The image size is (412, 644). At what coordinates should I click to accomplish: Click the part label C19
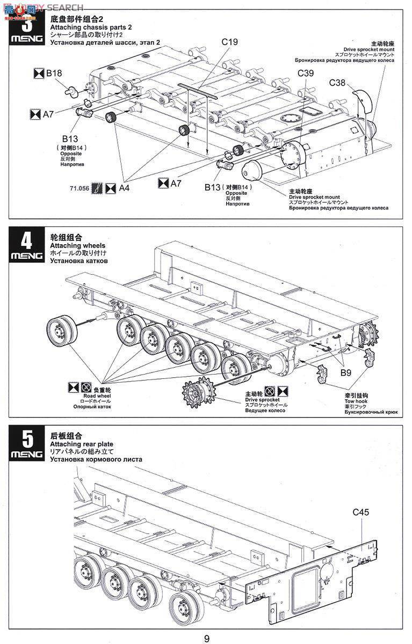[x=229, y=41]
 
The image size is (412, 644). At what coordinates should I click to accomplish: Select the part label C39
[x=307, y=74]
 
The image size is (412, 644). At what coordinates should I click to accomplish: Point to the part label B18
[x=54, y=74]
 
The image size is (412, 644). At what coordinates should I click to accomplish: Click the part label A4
[x=124, y=188]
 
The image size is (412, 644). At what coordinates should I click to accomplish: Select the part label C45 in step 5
[x=361, y=512]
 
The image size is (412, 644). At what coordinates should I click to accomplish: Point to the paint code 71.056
[x=79, y=189]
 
